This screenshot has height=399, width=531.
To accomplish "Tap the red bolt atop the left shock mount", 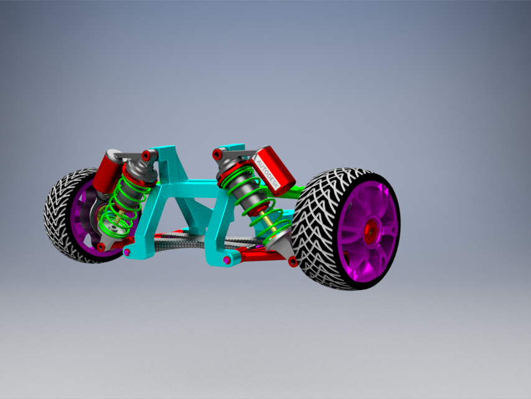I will coord(146,155).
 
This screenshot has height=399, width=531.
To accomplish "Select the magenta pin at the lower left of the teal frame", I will coord(128,252).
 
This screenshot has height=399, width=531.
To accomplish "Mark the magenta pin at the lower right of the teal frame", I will coord(227,259).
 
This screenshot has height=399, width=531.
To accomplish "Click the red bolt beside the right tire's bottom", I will coord(293,262).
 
